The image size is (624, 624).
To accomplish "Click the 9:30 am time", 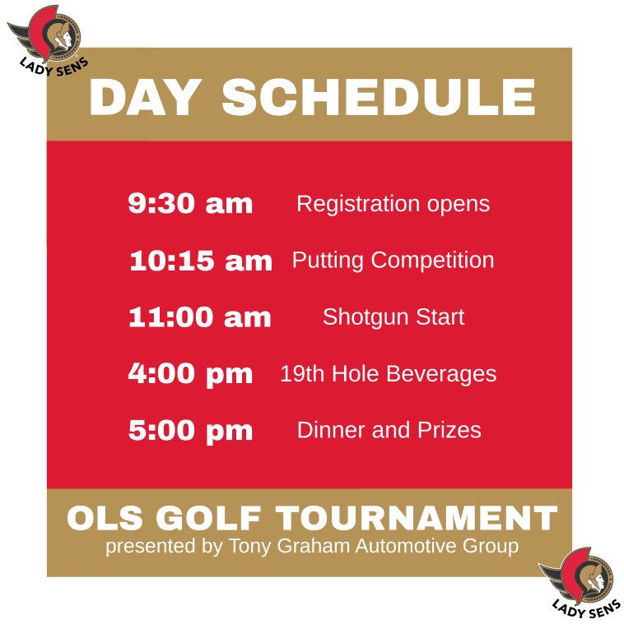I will point(190,204).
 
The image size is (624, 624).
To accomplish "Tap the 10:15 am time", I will point(200,261).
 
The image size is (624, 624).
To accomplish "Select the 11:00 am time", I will point(199,317).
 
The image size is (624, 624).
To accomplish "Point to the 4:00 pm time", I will point(190,374).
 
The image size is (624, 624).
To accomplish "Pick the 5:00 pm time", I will point(190,430).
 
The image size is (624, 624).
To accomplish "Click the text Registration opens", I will point(393,204).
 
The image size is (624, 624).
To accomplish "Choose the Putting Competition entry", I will point(393,261).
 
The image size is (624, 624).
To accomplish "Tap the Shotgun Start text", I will point(393,317).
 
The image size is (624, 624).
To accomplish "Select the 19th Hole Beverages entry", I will point(388,374).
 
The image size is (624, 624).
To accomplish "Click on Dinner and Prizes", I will point(389,430).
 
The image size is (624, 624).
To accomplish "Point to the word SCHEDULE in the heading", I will point(379,97).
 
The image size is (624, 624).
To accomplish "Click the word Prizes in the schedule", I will point(449,430).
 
